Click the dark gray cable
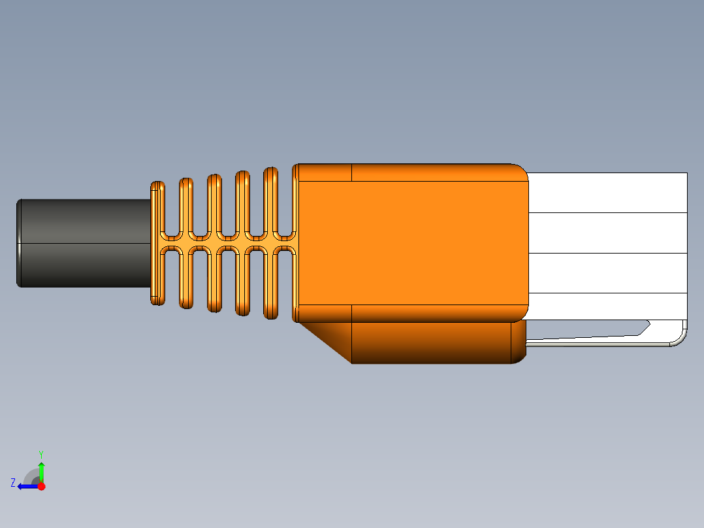tap(85, 242)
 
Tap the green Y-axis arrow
tap(41, 470)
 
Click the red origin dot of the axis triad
tap(41, 486)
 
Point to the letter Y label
tap(41, 454)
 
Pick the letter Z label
tap(13, 483)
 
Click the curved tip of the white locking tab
tap(682, 337)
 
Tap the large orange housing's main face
tap(411, 242)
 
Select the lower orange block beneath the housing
tap(431, 342)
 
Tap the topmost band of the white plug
tap(607, 192)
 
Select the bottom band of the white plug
tap(607, 306)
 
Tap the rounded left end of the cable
tap(20, 242)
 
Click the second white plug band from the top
tap(607, 233)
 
